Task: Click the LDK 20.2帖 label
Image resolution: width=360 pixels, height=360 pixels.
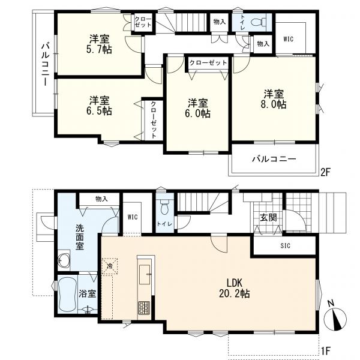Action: click(x=235, y=288)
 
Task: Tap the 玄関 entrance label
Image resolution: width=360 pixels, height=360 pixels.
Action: click(x=268, y=217)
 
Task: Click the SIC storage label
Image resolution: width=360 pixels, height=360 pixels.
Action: click(x=286, y=246)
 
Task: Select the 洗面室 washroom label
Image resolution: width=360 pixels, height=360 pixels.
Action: click(x=80, y=237)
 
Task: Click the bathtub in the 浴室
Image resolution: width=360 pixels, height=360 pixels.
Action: click(x=67, y=295)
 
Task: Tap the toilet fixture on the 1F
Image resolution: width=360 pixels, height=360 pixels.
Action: click(x=164, y=207)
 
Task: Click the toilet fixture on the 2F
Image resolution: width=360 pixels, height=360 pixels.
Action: click(x=258, y=23)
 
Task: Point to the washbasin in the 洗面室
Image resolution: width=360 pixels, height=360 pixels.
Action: click(x=64, y=260)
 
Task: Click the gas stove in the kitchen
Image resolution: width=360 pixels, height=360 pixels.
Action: click(x=144, y=308)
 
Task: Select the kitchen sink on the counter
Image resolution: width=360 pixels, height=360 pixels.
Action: click(x=145, y=274)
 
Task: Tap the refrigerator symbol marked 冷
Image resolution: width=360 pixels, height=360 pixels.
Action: click(x=110, y=266)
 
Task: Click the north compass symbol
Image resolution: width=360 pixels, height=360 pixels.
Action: click(x=335, y=318)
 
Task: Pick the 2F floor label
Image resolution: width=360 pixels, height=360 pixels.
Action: click(x=326, y=172)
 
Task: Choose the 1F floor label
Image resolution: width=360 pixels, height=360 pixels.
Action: click(x=326, y=350)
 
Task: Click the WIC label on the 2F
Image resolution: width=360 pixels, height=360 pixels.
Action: click(x=289, y=39)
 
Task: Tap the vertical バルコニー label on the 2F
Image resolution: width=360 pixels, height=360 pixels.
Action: click(x=45, y=64)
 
